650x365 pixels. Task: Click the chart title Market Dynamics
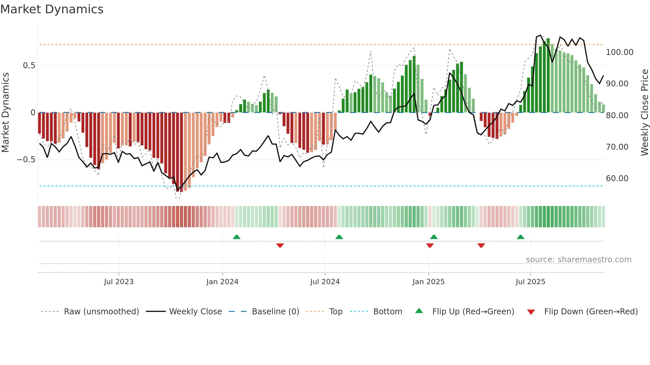click(52, 9)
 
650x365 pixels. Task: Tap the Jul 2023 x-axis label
click(119, 282)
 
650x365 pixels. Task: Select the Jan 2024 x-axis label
click(222, 282)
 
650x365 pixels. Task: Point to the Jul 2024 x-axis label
click(325, 282)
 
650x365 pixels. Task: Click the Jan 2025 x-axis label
click(428, 282)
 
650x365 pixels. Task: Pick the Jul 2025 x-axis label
click(530, 282)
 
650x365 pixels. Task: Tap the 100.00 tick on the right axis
click(619, 52)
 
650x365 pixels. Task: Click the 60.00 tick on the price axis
click(617, 179)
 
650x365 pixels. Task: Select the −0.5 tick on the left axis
click(26, 160)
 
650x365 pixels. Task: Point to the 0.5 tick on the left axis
click(29, 66)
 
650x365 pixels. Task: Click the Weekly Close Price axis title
click(644, 113)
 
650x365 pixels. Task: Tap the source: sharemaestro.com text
click(578, 260)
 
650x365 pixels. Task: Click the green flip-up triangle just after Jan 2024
click(236, 237)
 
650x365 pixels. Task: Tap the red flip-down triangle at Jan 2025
click(430, 245)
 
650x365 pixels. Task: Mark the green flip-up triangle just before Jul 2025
click(520, 237)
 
